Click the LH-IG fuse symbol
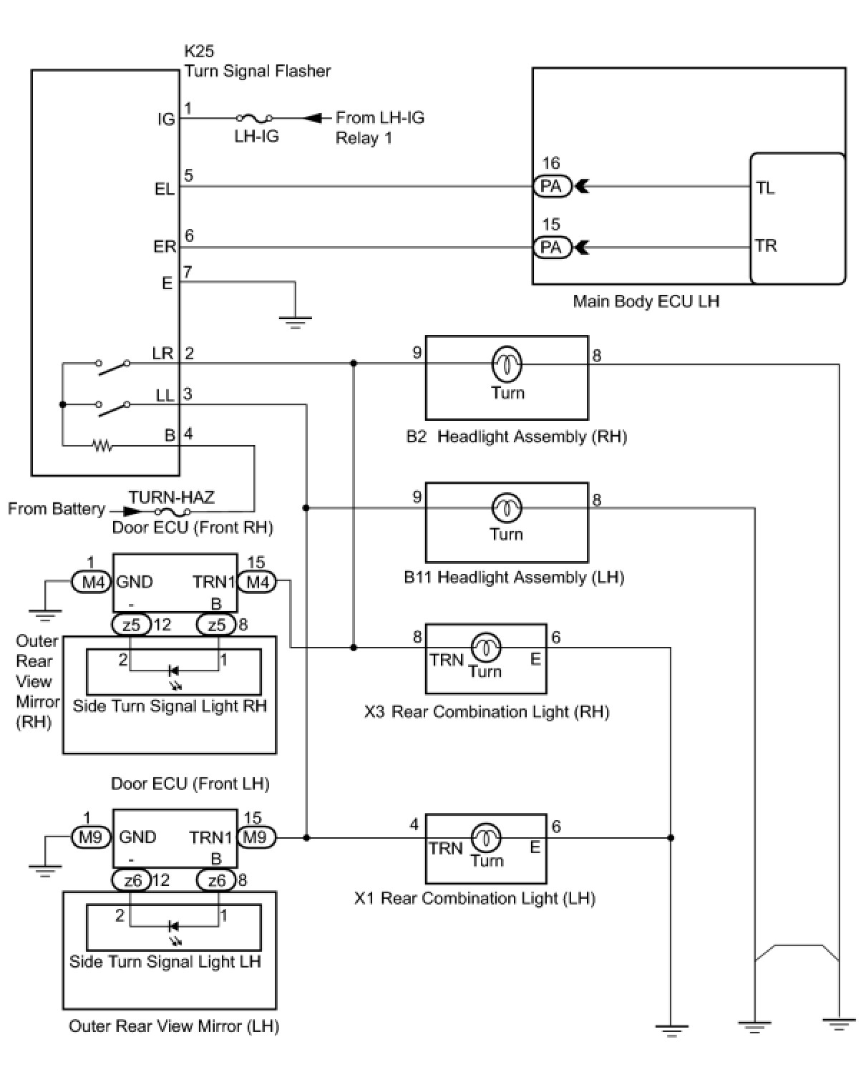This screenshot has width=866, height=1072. click(256, 118)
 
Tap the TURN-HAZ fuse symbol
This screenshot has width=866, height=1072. click(172, 512)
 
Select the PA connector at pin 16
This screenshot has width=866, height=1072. click(552, 187)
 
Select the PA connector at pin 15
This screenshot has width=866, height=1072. click(552, 248)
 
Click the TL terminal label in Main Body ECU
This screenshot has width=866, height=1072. click(765, 188)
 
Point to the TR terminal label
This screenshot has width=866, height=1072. click(765, 246)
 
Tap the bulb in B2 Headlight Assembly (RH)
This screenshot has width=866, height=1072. click(507, 364)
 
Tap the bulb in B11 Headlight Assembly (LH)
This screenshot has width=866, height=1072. click(507, 508)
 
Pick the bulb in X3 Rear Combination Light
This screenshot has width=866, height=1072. click(485, 648)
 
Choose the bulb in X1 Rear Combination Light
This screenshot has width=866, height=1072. click(486, 837)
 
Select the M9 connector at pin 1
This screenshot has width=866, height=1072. click(89, 837)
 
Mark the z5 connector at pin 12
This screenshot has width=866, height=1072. click(131, 625)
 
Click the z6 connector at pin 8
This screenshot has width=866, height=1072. click(216, 879)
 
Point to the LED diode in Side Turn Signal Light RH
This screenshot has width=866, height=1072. click(172, 671)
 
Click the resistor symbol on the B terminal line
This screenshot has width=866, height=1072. click(103, 446)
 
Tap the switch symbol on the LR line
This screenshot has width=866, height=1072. click(114, 366)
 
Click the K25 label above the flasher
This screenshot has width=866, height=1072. click(199, 52)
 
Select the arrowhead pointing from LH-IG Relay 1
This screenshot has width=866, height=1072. click(312, 118)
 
